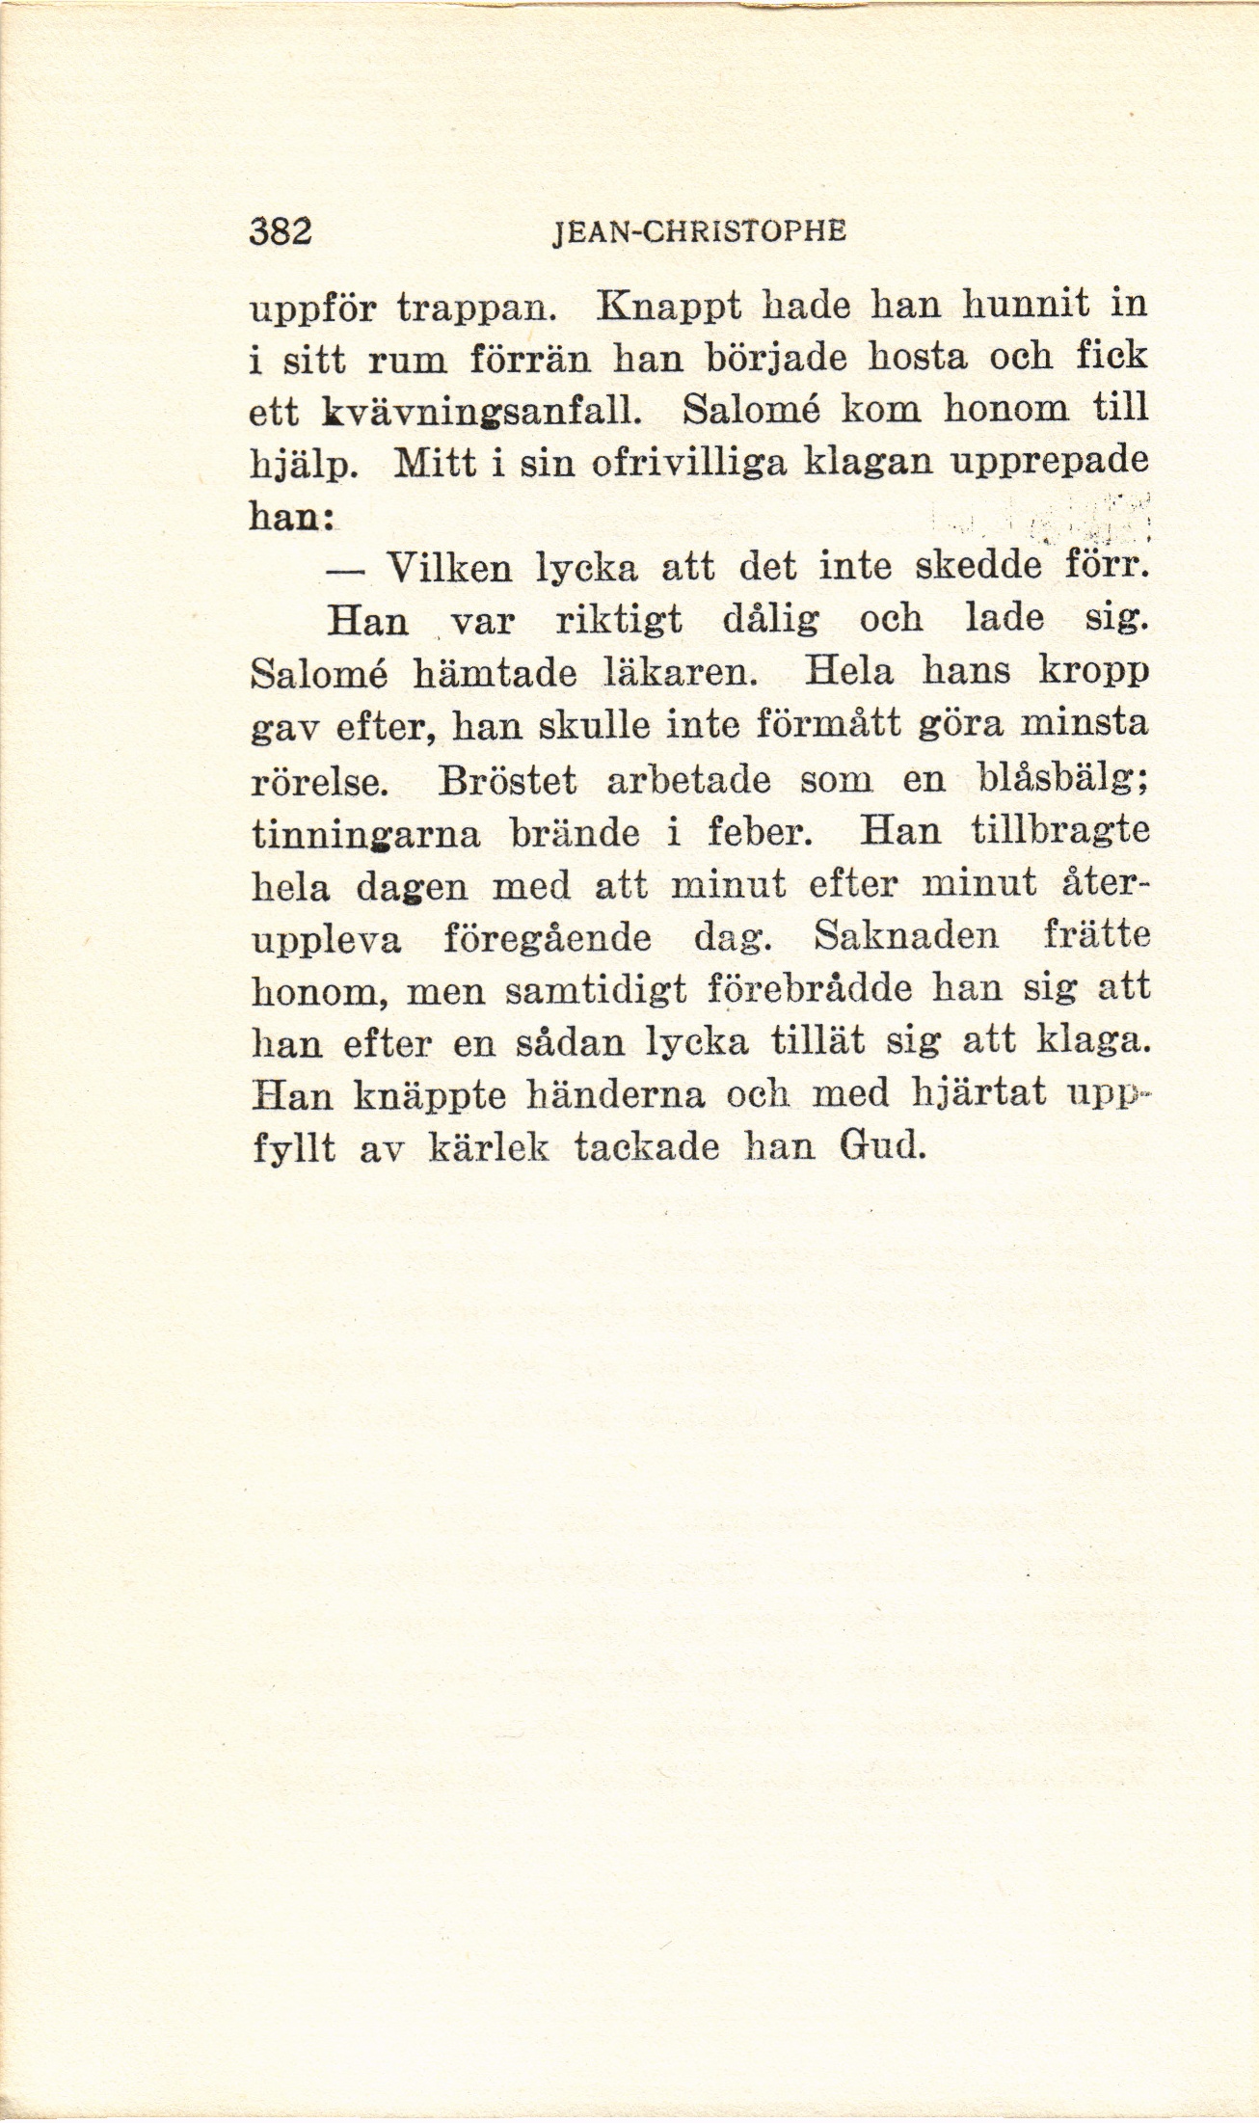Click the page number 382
pyautogui.click(x=280, y=232)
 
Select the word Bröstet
pyautogui.click(x=507, y=779)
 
